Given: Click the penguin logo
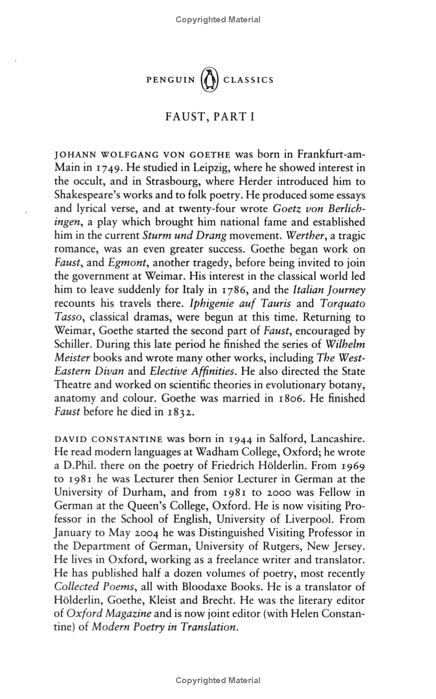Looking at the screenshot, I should coord(209,80).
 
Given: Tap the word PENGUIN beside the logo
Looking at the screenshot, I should coord(171,80).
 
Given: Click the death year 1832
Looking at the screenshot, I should coord(164,412).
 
